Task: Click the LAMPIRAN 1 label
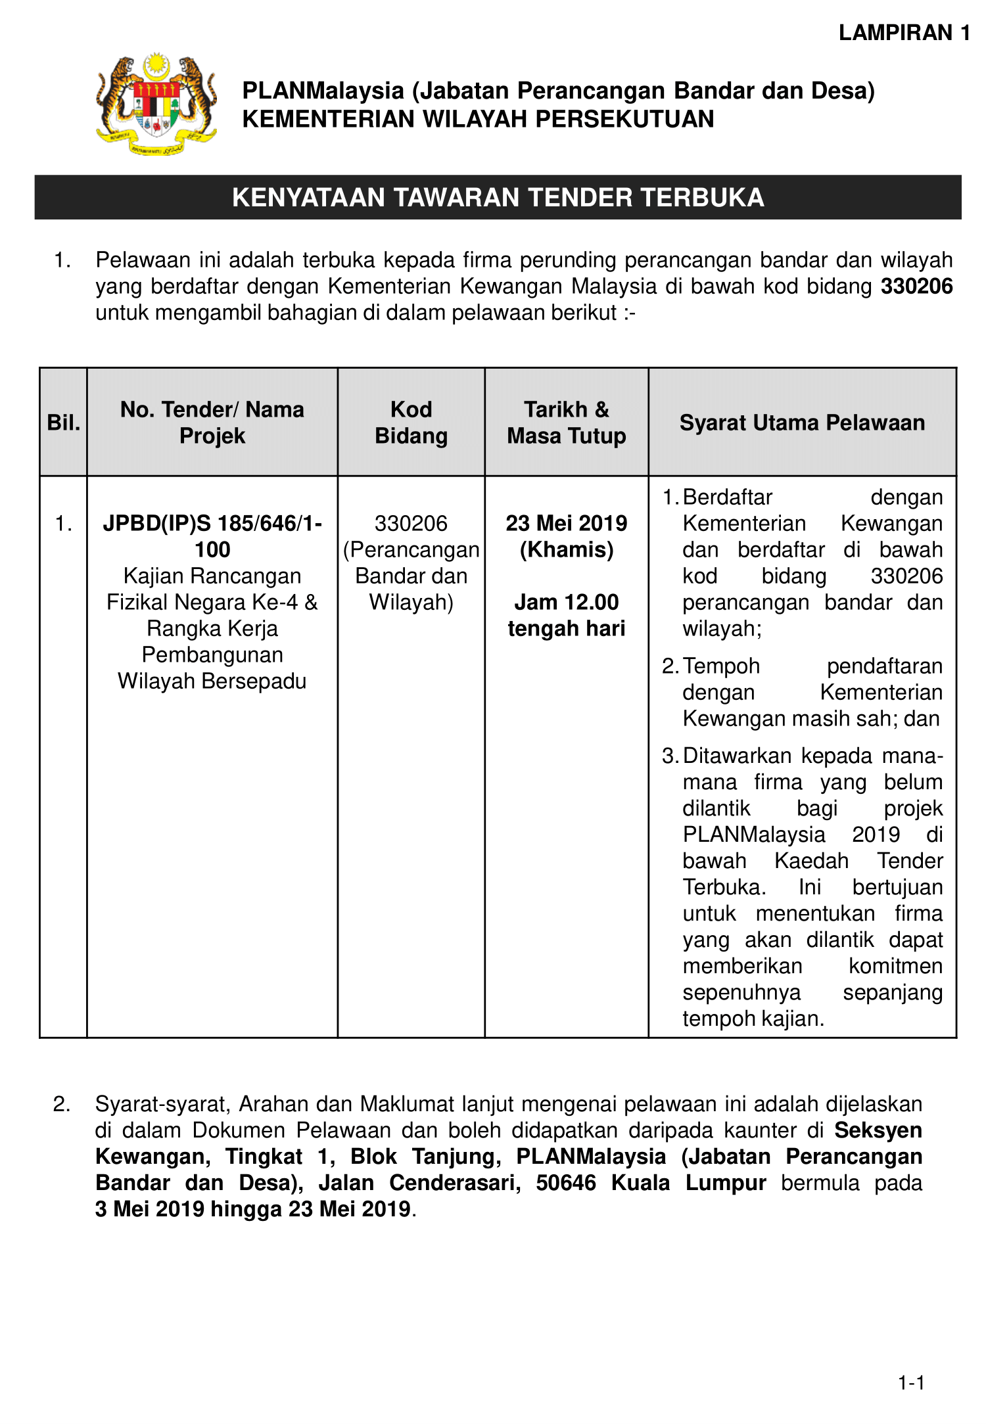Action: click(904, 33)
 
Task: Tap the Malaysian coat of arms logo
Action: click(156, 104)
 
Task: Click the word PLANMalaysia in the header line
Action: click(323, 91)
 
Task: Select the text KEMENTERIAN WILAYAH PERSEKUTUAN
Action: click(478, 119)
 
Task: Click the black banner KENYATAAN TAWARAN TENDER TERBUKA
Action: click(498, 197)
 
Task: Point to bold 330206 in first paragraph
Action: click(916, 287)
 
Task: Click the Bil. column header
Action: click(63, 423)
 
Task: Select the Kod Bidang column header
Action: click(411, 423)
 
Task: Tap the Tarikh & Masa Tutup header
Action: click(566, 423)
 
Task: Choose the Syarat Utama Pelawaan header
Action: click(802, 423)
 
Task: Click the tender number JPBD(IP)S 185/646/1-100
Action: click(212, 536)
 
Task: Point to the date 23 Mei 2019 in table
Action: click(566, 523)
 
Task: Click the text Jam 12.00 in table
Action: click(566, 602)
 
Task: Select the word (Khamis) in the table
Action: click(566, 549)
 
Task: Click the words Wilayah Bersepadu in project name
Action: click(212, 681)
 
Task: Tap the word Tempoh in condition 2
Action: click(721, 666)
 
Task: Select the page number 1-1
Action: click(911, 1383)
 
